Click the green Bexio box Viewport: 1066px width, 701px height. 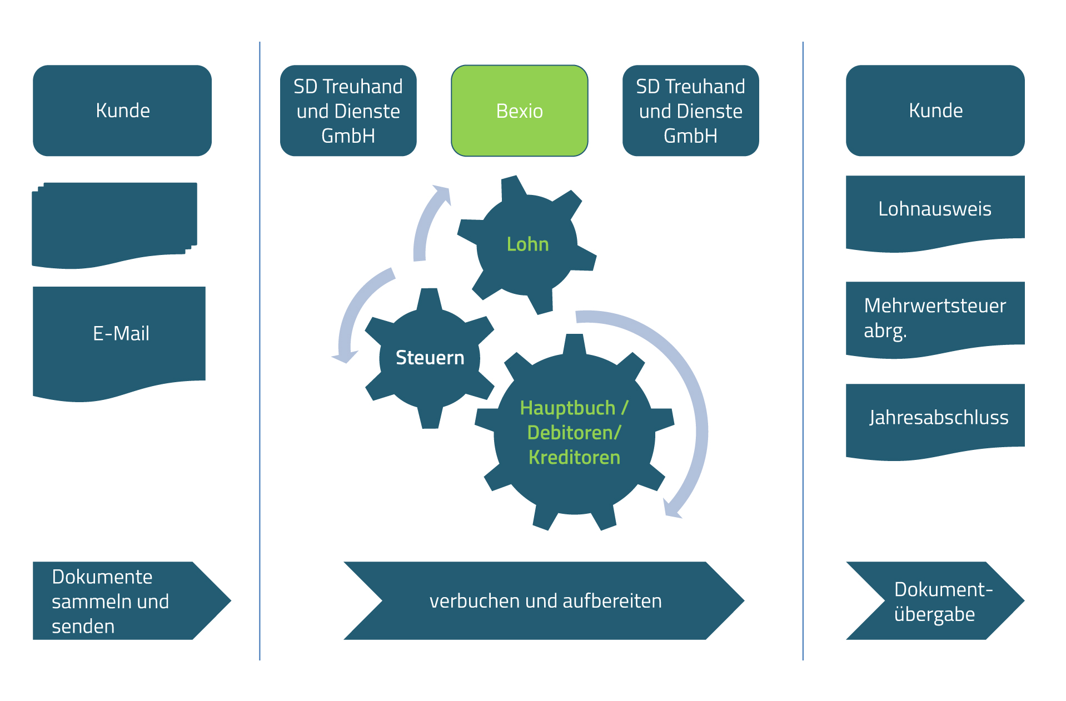[x=519, y=111]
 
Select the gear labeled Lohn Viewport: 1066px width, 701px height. [x=527, y=244]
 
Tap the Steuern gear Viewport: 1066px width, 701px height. [x=430, y=358]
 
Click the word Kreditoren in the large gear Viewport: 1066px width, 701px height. [x=574, y=458]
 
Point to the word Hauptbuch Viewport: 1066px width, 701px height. [x=567, y=408]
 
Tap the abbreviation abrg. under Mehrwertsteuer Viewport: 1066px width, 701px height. [x=885, y=331]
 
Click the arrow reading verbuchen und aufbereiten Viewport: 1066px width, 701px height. [x=545, y=601]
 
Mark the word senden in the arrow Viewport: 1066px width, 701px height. [x=83, y=627]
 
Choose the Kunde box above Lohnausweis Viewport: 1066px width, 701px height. [x=935, y=111]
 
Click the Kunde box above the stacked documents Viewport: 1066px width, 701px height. [x=122, y=111]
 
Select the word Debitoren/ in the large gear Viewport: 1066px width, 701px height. [x=574, y=433]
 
